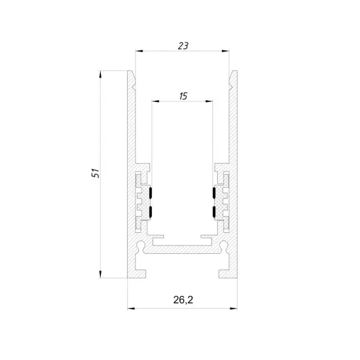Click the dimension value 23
point(183,46)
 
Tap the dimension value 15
point(183,96)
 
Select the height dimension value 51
point(95,173)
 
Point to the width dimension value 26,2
point(183,300)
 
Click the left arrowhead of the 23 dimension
point(139,51)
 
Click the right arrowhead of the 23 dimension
point(226,51)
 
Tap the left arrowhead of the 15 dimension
point(155,101)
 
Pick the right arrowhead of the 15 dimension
point(209,101)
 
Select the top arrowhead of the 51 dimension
point(100,74)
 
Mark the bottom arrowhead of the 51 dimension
point(100,274)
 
